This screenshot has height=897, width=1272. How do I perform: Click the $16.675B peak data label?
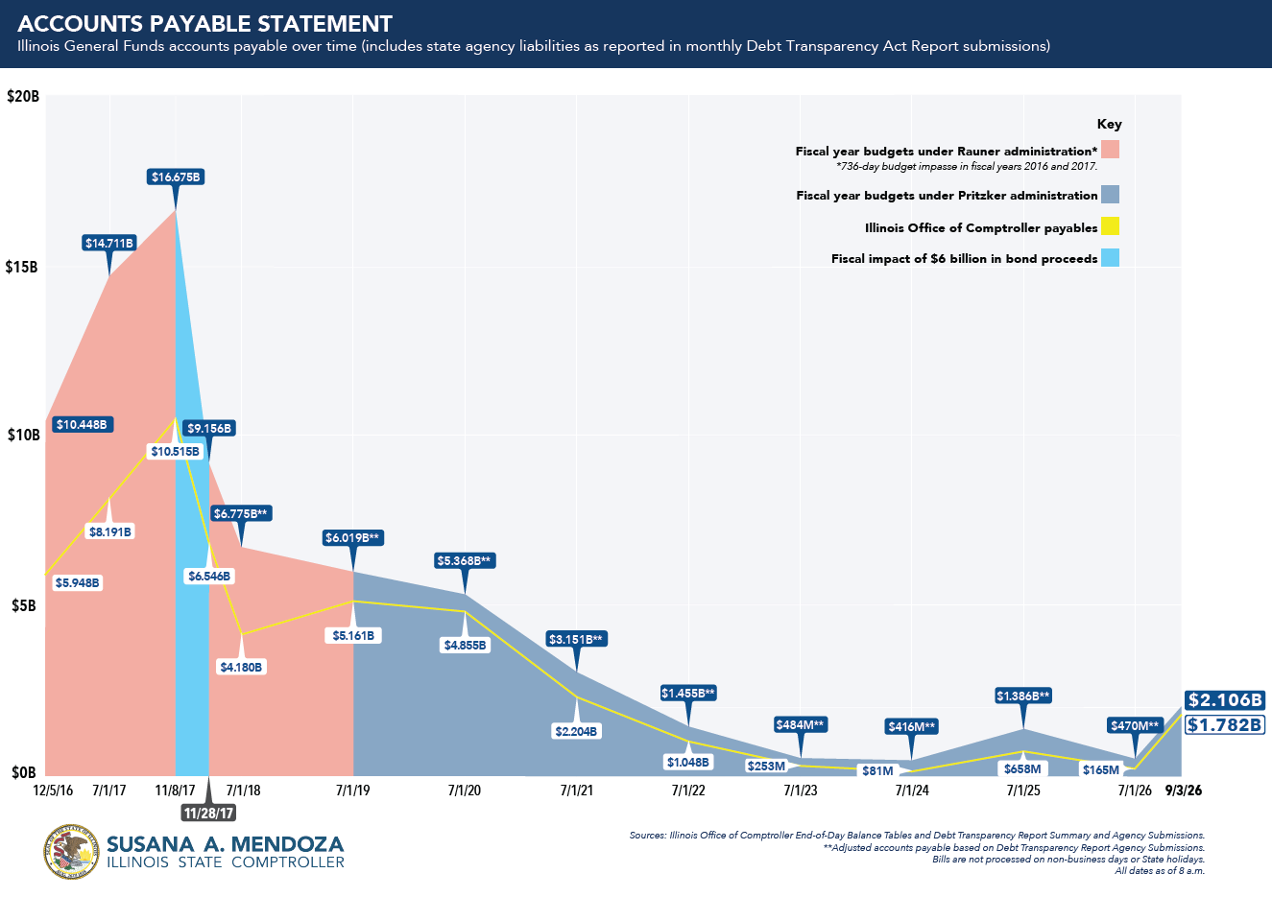tap(176, 177)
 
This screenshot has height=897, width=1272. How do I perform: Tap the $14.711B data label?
tap(109, 244)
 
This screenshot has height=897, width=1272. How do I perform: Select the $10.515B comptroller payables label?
tap(176, 452)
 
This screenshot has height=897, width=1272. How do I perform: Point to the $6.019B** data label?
tap(352, 538)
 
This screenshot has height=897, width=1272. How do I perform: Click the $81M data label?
tap(877, 770)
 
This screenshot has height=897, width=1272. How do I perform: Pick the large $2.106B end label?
tap(1225, 700)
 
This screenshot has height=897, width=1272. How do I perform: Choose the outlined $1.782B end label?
tap(1225, 724)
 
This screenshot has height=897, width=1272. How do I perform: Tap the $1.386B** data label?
tap(1023, 696)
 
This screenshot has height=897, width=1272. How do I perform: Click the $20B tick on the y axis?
tap(23, 96)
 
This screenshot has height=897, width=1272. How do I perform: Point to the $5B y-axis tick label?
tap(24, 605)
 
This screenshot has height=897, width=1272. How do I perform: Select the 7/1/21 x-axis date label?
tap(576, 791)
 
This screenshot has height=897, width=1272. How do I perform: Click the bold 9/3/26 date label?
tap(1184, 791)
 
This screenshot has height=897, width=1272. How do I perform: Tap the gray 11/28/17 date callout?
tap(208, 813)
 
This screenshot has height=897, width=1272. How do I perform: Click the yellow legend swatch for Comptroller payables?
tap(1110, 226)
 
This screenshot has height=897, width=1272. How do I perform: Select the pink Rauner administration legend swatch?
tap(1110, 150)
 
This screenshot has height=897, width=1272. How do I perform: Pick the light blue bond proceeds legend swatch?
tap(1110, 257)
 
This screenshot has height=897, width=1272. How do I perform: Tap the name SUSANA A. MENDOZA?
tap(226, 844)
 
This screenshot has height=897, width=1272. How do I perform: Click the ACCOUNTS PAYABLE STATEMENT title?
tap(205, 24)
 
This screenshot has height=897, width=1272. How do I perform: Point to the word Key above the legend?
tap(1109, 124)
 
